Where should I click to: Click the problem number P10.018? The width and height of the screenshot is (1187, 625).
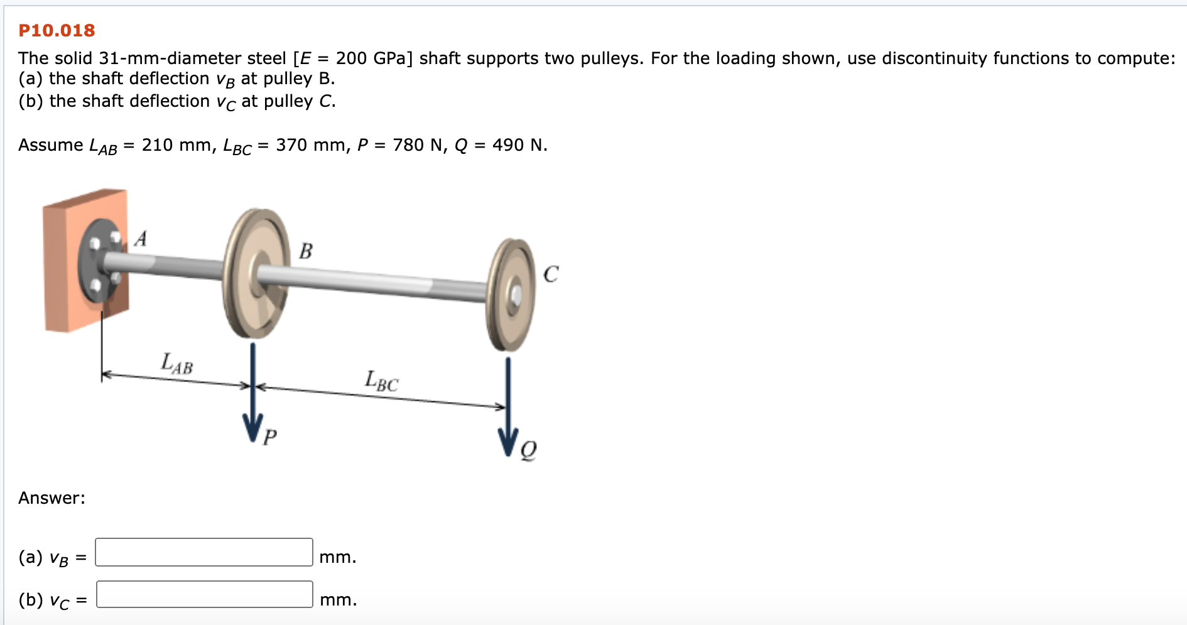[57, 30]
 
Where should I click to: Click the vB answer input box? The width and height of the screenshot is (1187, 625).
[204, 552]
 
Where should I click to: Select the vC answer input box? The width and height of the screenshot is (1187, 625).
[205, 594]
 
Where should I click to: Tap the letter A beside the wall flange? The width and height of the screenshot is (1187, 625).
[141, 239]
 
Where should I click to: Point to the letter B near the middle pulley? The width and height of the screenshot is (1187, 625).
[306, 251]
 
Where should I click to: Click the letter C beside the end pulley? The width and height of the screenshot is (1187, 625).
[551, 274]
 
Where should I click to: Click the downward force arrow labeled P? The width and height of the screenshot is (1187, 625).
[252, 392]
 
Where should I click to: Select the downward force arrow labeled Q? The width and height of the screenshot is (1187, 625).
[508, 406]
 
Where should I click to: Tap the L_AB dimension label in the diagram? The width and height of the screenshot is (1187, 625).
[177, 364]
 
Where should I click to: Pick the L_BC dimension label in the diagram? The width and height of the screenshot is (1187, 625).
[382, 381]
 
